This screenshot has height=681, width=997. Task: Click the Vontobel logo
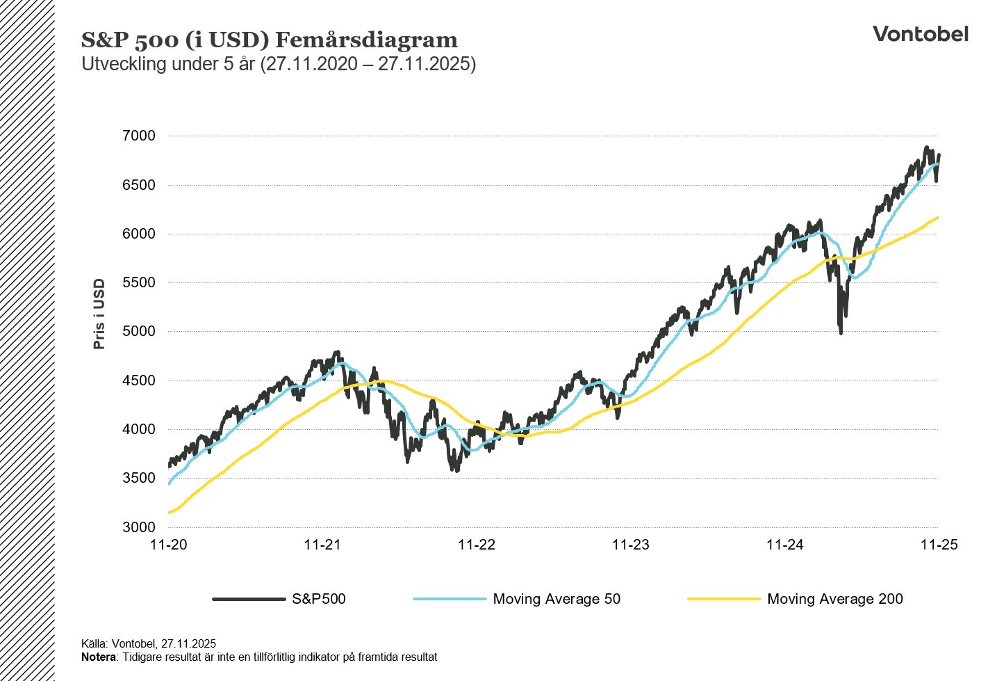click(920, 34)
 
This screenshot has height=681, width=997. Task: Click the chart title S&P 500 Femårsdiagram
click(270, 40)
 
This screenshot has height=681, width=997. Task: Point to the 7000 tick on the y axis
click(139, 136)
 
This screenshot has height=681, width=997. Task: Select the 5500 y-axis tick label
click(139, 282)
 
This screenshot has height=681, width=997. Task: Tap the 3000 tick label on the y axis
click(139, 527)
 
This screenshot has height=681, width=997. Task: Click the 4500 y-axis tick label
click(139, 380)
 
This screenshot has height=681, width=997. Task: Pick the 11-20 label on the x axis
click(169, 545)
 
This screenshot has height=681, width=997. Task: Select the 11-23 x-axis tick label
click(631, 545)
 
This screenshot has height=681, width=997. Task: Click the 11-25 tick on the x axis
click(939, 545)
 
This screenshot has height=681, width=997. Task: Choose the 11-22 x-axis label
click(477, 545)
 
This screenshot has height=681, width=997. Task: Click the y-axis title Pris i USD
click(99, 314)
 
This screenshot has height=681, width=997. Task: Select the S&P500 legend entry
click(318, 599)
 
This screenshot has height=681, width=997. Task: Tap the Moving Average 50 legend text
click(557, 599)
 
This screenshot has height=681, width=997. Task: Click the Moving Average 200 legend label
click(835, 599)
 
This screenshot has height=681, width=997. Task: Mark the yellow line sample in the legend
click(723, 599)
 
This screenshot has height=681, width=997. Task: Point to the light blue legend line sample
click(449, 599)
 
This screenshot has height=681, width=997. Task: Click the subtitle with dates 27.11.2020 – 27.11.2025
click(279, 64)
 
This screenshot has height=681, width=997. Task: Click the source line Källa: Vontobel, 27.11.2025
click(149, 644)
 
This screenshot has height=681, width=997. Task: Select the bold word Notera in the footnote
click(98, 657)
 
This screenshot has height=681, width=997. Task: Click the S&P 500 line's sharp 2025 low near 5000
click(841, 332)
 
